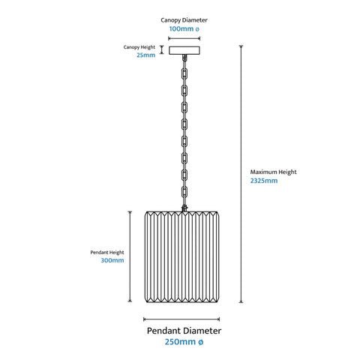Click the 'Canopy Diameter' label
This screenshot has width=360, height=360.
click(x=184, y=20)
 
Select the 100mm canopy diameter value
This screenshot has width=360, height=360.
click(x=184, y=29)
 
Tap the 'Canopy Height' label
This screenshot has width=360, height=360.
click(x=139, y=47)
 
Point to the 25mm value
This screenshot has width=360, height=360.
click(x=145, y=55)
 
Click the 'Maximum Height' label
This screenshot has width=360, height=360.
click(x=273, y=172)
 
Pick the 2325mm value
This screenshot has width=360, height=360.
click(x=264, y=181)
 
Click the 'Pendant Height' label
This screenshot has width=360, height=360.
click(x=107, y=253)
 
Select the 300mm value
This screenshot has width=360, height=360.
click(x=112, y=260)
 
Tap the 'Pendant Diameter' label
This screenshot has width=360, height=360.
click(x=184, y=331)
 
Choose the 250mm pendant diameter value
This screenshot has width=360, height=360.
click(x=184, y=342)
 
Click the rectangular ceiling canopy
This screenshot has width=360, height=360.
click(x=184, y=50)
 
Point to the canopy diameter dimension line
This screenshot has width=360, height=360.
click(x=184, y=38)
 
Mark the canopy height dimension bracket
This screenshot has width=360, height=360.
click(x=162, y=49)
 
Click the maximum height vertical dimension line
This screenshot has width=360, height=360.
click(x=241, y=174)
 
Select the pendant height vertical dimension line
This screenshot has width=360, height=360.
click(x=130, y=256)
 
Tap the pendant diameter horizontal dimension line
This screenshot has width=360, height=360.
click(x=181, y=319)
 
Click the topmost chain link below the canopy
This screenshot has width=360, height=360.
click(x=184, y=73)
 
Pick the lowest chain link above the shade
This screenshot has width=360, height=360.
click(x=184, y=192)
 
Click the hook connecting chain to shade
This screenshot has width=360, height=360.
click(x=184, y=208)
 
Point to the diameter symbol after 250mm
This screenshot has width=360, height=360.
click(x=201, y=342)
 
